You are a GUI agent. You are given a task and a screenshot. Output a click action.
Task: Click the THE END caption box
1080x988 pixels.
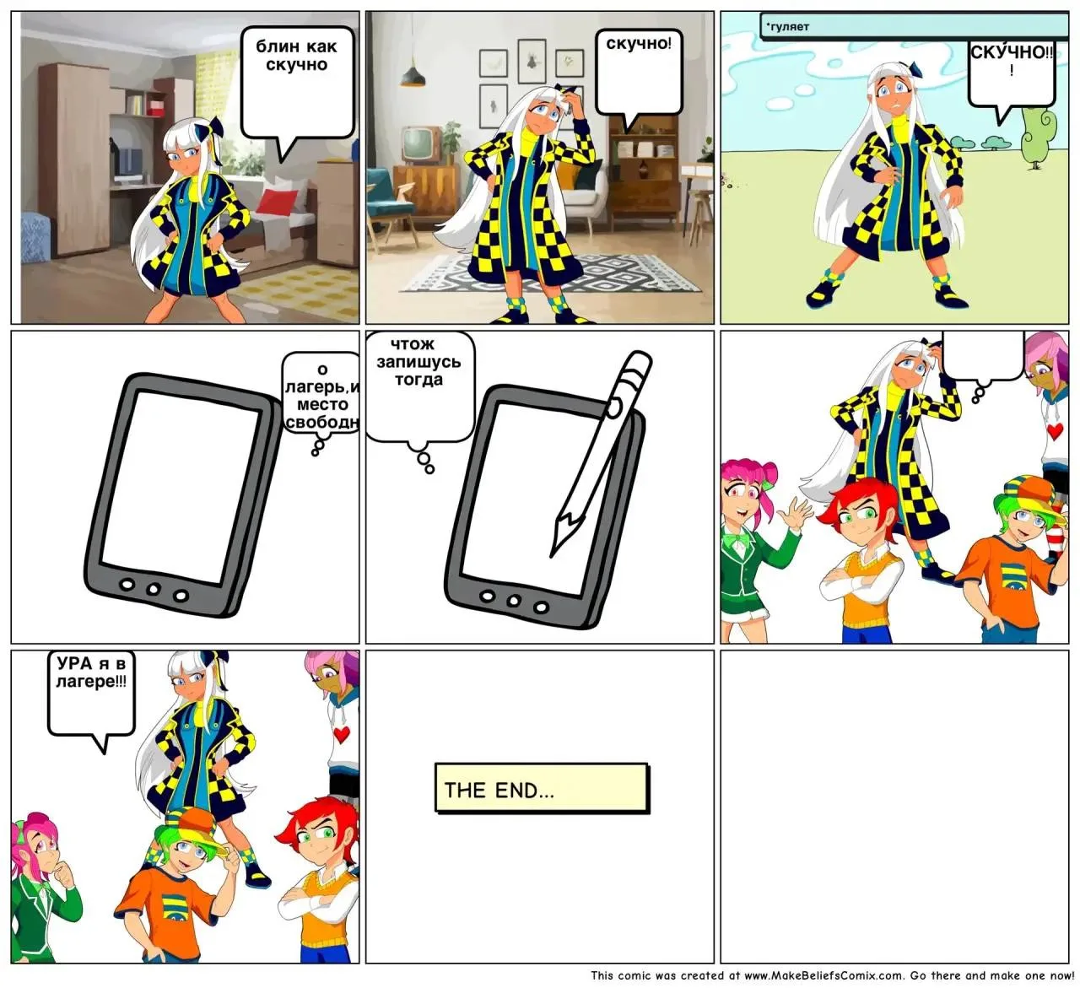[x=542, y=788]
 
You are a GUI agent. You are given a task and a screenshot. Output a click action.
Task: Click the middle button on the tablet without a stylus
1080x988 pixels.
[x=154, y=590]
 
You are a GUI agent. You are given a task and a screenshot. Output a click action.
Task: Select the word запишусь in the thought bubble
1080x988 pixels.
[x=418, y=361]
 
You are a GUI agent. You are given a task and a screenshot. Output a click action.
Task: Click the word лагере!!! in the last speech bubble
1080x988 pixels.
[x=91, y=682]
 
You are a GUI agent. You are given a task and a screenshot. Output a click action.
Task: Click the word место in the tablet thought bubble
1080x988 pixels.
[x=322, y=404]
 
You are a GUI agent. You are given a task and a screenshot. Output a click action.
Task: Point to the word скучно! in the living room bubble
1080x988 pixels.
[x=639, y=44]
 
